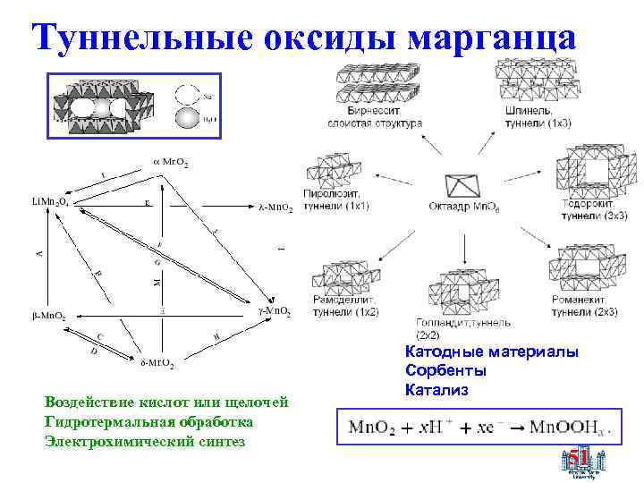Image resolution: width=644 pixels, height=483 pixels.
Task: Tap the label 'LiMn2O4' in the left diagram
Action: (x=38, y=202)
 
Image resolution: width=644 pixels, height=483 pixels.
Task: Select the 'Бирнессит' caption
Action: (x=359, y=112)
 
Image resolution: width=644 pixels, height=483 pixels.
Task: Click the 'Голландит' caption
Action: (x=445, y=321)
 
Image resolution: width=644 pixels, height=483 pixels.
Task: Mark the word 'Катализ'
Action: (x=436, y=390)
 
